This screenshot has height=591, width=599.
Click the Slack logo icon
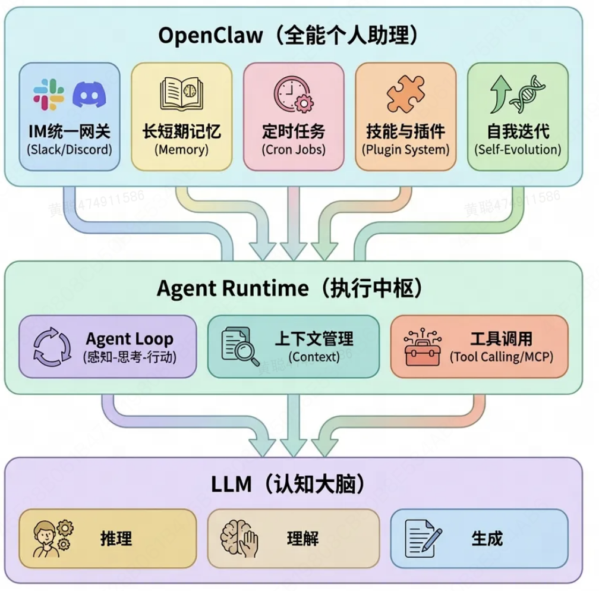[49, 94]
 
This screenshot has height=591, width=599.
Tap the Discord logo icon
[89, 95]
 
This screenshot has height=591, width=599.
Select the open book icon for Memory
[181, 94]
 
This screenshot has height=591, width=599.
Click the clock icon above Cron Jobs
[292, 94]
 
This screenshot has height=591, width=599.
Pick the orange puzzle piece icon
[406, 94]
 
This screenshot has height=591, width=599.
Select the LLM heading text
[231, 485]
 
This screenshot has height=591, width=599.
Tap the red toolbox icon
[422, 347]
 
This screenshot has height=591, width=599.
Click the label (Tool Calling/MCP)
[500, 357]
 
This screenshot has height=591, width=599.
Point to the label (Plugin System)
[406, 149]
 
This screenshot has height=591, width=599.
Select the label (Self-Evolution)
[518, 149]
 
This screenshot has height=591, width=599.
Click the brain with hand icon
[239, 539]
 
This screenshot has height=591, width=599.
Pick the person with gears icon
[52, 539]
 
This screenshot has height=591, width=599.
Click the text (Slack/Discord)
[70, 149]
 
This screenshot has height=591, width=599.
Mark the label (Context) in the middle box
[314, 357]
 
